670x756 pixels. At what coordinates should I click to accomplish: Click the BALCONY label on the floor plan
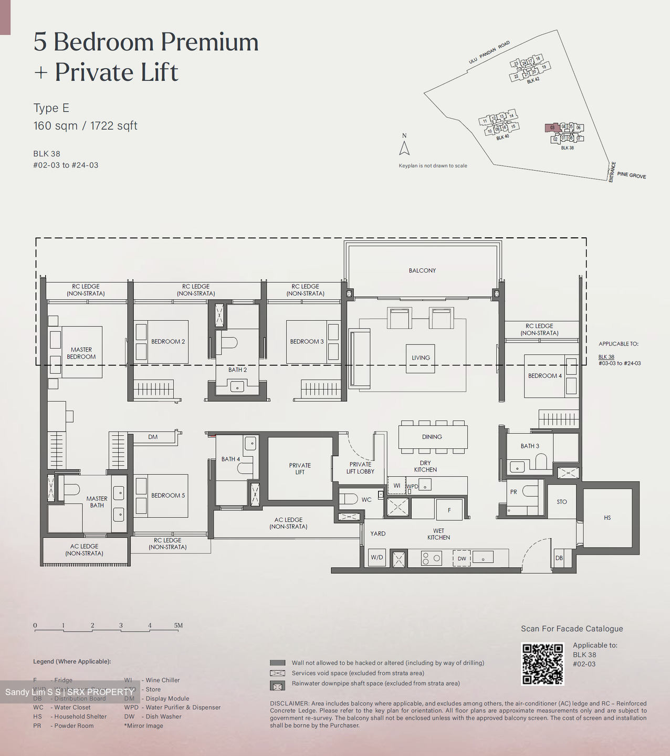[x=422, y=270]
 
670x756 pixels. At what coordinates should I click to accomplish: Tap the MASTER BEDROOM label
[x=81, y=353]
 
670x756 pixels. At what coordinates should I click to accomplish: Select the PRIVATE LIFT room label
[x=300, y=468]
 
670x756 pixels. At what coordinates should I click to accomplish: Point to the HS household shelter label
[x=608, y=518]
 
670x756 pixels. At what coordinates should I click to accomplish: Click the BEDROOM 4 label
[x=545, y=376]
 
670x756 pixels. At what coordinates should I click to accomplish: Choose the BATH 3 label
[x=530, y=446]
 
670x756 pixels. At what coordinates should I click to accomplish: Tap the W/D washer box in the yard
[x=376, y=558]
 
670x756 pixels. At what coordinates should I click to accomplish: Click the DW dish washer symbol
[x=462, y=559]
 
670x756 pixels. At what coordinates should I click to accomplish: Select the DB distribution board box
[x=559, y=558]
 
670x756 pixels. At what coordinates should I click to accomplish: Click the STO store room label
[x=562, y=502]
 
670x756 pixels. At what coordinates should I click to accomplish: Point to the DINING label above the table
[x=432, y=437]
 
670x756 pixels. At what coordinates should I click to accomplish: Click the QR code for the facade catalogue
[x=542, y=664]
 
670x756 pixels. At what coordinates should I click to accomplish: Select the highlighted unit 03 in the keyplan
[x=552, y=128]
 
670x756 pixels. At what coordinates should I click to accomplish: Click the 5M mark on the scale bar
[x=179, y=625]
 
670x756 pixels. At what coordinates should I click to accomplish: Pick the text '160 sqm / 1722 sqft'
[x=85, y=126]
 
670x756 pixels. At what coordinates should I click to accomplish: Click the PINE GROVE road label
[x=632, y=175]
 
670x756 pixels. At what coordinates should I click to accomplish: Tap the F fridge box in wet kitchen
[x=449, y=510]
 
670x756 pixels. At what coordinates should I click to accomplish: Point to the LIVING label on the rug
[x=421, y=358]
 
